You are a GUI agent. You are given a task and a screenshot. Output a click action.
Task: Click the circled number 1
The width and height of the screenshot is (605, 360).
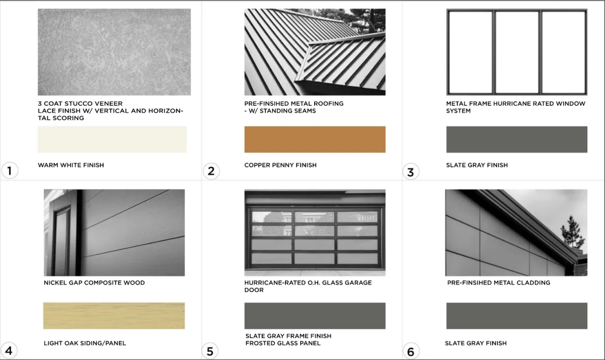[10, 171]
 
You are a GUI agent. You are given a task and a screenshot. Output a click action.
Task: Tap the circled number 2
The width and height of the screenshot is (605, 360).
[211, 171]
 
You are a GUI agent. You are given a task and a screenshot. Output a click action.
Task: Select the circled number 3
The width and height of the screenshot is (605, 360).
[411, 172]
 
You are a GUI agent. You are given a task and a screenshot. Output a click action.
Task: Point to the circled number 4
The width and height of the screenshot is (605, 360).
[9, 350]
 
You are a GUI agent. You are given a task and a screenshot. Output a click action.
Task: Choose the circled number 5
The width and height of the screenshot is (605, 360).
[210, 351]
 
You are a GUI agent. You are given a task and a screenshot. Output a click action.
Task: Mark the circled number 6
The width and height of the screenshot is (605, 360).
[411, 351]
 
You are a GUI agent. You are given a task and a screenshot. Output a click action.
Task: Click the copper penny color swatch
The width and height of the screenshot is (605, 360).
[315, 139]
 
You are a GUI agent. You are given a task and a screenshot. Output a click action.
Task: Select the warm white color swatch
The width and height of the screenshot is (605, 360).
[112, 139]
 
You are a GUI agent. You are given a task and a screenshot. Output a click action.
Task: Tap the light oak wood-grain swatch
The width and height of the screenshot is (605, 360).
[114, 316]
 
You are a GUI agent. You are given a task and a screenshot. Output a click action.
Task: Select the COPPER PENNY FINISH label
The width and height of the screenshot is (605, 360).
[280, 165]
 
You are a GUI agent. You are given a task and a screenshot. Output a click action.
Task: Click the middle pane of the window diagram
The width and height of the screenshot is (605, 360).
[517, 52]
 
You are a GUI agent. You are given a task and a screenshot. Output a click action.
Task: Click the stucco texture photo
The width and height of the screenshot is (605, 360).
[114, 52]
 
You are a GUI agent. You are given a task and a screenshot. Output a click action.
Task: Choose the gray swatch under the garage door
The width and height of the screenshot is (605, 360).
[315, 316]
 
